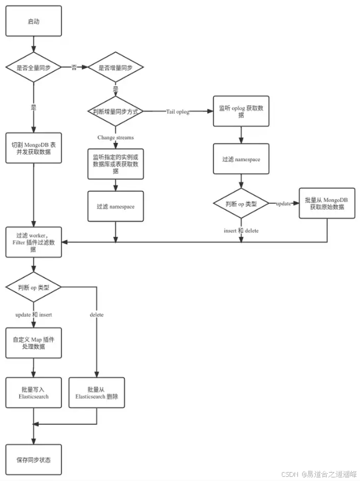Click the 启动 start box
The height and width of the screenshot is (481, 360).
pyautogui.click(x=33, y=21)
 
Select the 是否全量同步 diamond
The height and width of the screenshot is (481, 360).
pyautogui.click(x=33, y=67)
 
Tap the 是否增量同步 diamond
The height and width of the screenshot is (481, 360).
pyautogui.click(x=115, y=67)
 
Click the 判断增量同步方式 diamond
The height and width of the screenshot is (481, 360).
pyautogui.click(x=115, y=111)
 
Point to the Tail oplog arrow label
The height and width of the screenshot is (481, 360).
pyautogui.click(x=178, y=111)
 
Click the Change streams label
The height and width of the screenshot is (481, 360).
pyautogui.click(x=115, y=137)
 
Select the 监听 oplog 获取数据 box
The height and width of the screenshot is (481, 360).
pyautogui.click(x=241, y=111)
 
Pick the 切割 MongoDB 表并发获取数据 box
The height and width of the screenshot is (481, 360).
pyautogui.click(x=33, y=148)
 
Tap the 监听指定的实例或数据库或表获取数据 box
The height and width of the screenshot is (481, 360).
pyautogui.click(x=115, y=164)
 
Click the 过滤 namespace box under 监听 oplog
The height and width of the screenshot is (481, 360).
pyautogui.click(x=241, y=159)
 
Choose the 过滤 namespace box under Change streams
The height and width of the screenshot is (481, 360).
pyautogui.click(x=115, y=206)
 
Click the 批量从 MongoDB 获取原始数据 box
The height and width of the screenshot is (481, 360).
pyautogui.click(x=327, y=203)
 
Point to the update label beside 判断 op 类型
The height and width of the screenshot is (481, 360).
pyautogui.click(x=284, y=203)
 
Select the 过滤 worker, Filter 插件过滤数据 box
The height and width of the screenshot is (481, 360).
pyautogui.click(x=33, y=242)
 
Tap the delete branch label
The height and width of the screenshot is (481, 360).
pyautogui.click(x=97, y=315)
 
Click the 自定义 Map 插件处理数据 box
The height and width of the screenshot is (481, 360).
pyautogui.click(x=33, y=342)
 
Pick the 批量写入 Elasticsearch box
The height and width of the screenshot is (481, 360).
pyautogui.click(x=33, y=393)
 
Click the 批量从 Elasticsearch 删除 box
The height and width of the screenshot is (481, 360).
pyautogui.click(x=97, y=393)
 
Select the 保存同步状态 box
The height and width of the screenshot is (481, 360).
pyautogui.click(x=33, y=459)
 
